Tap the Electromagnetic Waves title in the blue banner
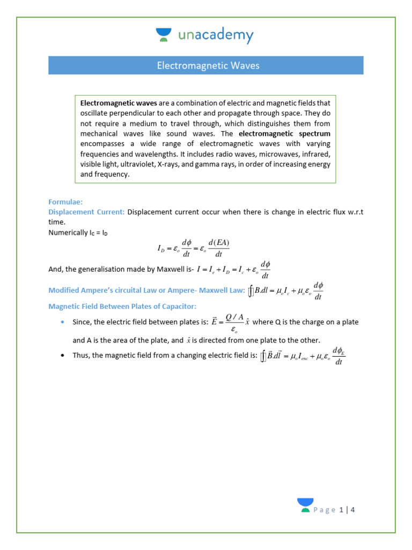tap(208, 66)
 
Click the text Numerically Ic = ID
tap(78, 233)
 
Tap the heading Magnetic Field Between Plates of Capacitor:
tap(123, 306)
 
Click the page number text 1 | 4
tap(347, 510)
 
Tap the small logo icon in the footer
tap(305, 505)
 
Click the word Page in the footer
tap(325, 510)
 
